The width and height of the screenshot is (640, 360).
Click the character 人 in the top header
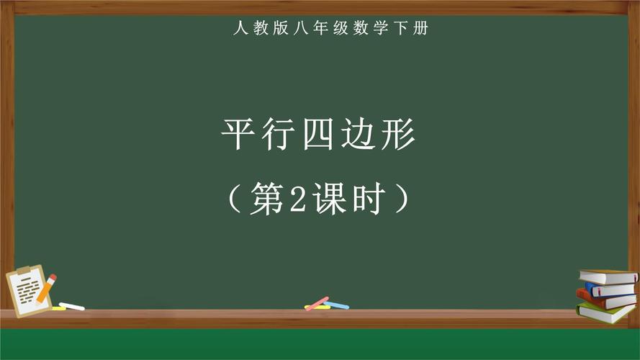pyautogui.click(x=238, y=29)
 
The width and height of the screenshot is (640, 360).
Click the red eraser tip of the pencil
pyautogui.click(x=53, y=277)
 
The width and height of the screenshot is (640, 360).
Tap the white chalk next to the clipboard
pyautogui.click(x=71, y=306)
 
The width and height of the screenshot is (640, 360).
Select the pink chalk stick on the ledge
pyautogui.click(x=317, y=303)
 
